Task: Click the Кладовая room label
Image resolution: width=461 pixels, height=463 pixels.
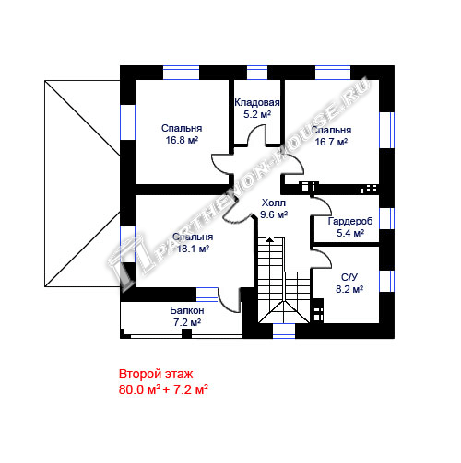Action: click(x=257, y=102)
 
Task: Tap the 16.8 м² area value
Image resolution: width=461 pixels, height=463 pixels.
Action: click(x=182, y=140)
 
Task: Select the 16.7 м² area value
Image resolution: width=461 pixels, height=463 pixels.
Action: click(x=331, y=142)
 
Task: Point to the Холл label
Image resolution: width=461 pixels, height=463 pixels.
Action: click(x=274, y=203)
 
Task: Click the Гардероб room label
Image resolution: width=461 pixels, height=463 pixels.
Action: click(x=350, y=221)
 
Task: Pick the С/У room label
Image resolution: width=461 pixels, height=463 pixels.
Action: click(x=349, y=277)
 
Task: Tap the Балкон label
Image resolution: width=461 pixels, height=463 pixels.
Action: click(x=187, y=310)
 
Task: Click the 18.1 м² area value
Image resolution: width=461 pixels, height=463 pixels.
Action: click(x=193, y=249)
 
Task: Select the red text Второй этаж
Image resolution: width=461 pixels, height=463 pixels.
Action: click(x=156, y=375)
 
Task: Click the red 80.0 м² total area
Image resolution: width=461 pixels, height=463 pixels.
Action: click(x=139, y=389)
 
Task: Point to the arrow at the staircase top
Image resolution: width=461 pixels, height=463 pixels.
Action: click(x=269, y=239)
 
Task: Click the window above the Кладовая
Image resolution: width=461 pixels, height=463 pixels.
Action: click(x=257, y=73)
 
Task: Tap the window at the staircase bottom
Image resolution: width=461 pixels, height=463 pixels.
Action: click(x=284, y=331)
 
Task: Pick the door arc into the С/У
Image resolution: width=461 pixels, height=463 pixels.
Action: click(x=325, y=255)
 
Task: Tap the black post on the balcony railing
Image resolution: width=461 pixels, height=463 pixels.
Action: click(x=186, y=333)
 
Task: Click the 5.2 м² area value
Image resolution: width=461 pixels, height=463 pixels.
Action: click(x=257, y=115)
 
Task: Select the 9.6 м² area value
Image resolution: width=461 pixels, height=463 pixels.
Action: click(x=274, y=214)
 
